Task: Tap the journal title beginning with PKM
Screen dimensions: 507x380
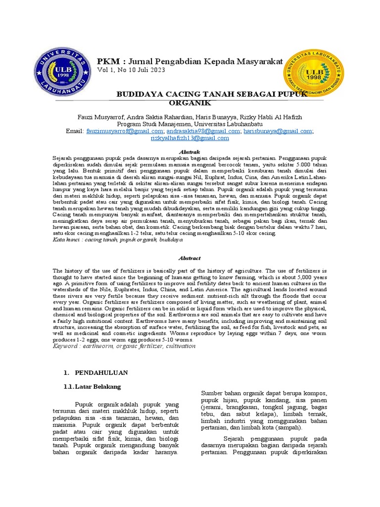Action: coord(190,61)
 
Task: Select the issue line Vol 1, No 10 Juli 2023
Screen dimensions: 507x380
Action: coord(131,70)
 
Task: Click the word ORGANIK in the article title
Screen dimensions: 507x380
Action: coord(190,103)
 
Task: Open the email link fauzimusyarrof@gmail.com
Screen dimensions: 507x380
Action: coord(124,131)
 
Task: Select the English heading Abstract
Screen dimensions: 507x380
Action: coord(190,258)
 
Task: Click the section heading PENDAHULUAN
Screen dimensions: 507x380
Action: coord(101,372)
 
